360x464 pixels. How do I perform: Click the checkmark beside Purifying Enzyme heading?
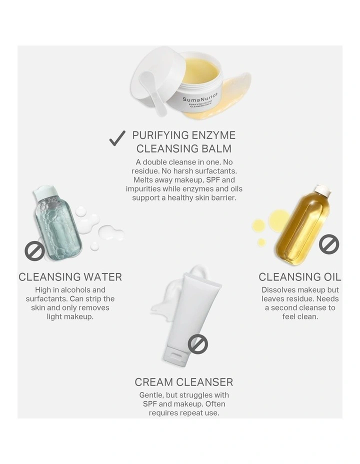point(117,138)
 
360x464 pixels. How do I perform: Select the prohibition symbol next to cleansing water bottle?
point(34,250)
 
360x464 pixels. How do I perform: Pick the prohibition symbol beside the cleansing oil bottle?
point(329,244)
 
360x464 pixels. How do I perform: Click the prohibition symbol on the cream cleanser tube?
point(198,344)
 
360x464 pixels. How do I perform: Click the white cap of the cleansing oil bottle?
point(322,190)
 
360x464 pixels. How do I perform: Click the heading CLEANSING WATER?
point(70,277)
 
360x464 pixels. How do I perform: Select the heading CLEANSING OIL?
point(300,277)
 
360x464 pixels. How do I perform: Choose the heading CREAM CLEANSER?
point(183,382)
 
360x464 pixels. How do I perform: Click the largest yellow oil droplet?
point(279,220)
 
